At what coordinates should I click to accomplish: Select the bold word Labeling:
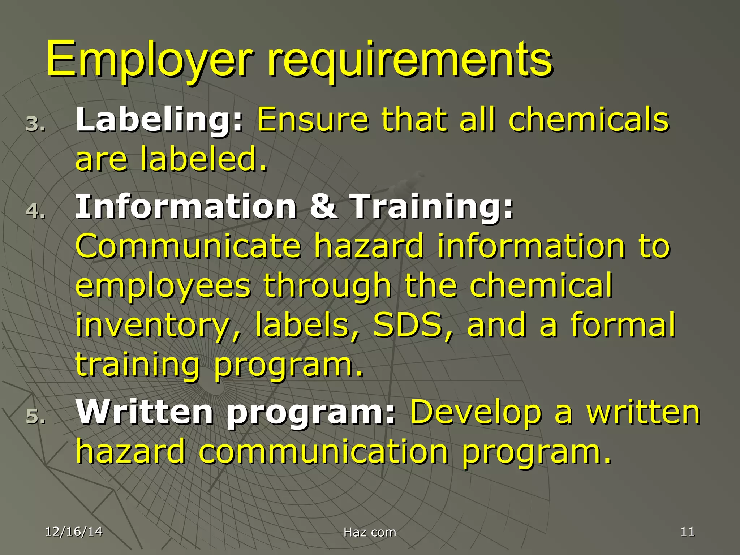[159, 120]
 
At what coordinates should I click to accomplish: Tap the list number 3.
[35, 124]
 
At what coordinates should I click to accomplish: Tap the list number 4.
[35, 211]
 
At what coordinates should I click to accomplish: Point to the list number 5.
[35, 416]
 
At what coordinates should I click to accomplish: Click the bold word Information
[186, 207]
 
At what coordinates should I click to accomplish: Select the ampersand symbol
[324, 207]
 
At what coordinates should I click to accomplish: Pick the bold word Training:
[432, 207]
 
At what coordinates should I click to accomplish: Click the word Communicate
[188, 246]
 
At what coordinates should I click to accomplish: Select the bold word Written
[145, 413]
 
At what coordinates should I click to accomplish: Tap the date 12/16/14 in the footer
[74, 532]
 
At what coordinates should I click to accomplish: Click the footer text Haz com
[370, 532]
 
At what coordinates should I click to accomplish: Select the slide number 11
[687, 532]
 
